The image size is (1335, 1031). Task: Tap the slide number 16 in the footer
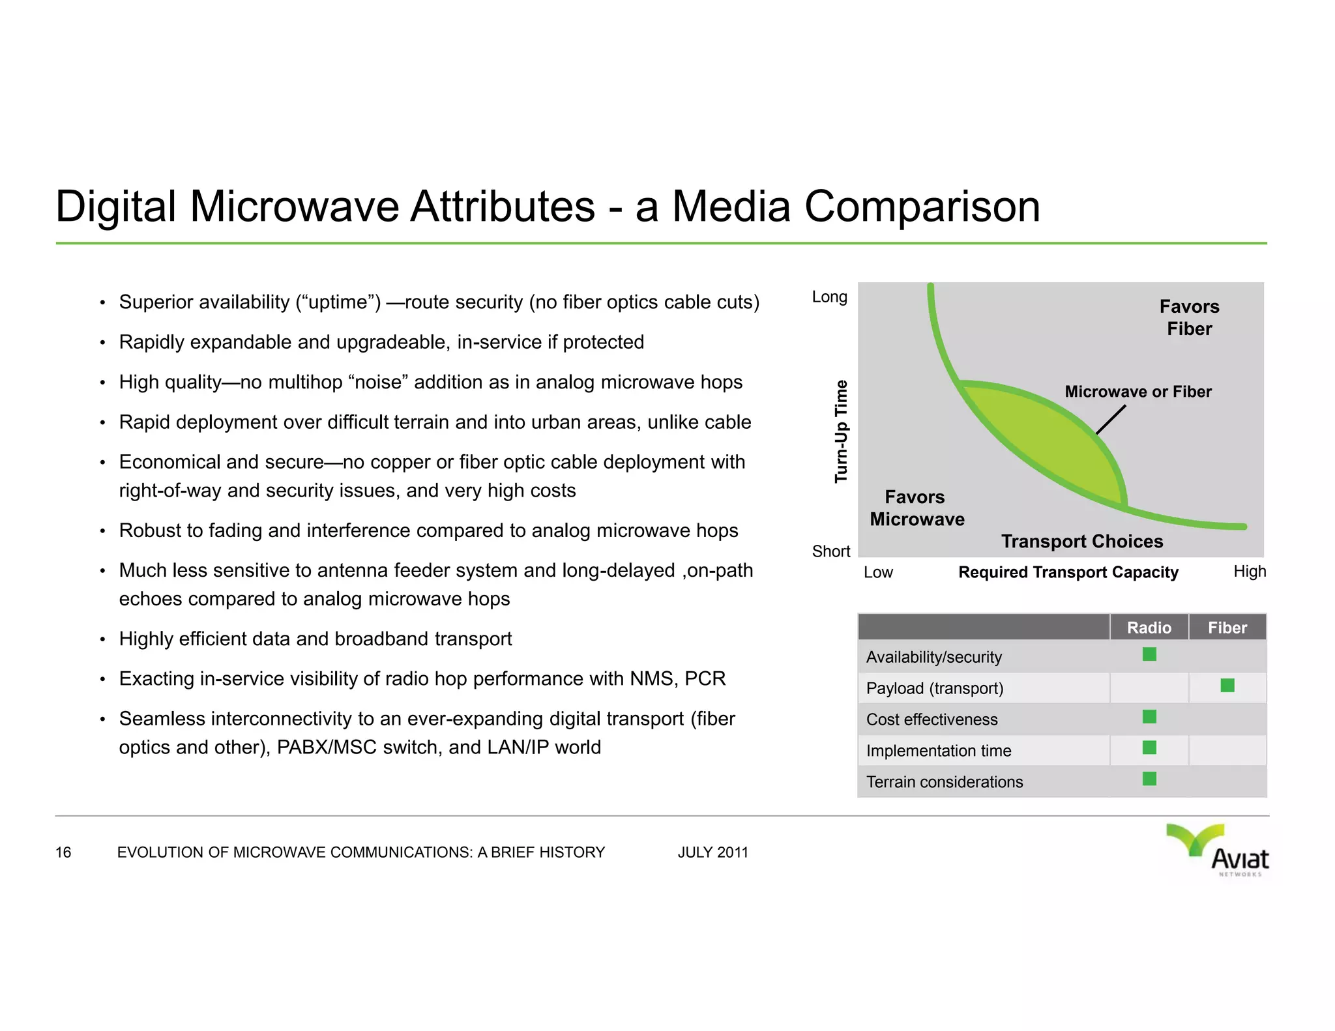[x=63, y=852]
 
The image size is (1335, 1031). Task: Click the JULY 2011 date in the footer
[x=712, y=852]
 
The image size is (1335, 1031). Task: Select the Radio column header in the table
[x=1149, y=628]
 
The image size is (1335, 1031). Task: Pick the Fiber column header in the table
[x=1227, y=628]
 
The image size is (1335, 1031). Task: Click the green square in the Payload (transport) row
[x=1227, y=686]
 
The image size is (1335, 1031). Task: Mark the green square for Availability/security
[x=1149, y=654]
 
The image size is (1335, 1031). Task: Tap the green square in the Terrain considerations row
[x=1149, y=779]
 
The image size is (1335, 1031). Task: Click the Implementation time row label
[x=938, y=751]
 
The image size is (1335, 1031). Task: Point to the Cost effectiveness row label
[x=932, y=719]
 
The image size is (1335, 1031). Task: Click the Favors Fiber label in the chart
[x=1189, y=317]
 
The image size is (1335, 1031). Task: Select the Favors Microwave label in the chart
[x=917, y=508]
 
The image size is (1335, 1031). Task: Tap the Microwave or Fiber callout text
[x=1137, y=392]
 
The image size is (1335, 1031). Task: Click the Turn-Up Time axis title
[x=842, y=431]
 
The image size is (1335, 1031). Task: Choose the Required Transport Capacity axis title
[x=1068, y=572]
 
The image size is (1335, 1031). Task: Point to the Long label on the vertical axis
[x=829, y=297]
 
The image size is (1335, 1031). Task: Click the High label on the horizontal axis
[x=1249, y=572]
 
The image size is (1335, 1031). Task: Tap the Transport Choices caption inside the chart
[x=1081, y=542]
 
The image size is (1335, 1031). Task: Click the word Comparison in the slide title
[x=921, y=207]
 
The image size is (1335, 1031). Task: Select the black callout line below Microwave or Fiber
[x=1111, y=420]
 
